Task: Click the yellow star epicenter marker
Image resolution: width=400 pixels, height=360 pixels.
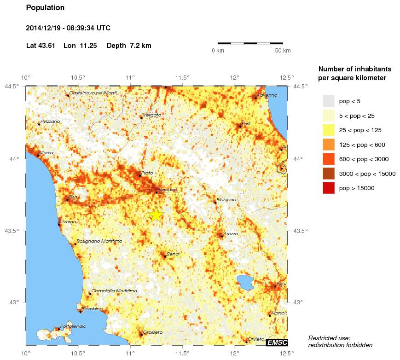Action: click(156, 215)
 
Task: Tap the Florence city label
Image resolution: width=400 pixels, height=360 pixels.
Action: click(168, 189)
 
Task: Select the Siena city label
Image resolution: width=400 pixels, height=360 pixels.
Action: click(173, 254)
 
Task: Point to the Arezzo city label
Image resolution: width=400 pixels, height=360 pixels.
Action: click(231, 234)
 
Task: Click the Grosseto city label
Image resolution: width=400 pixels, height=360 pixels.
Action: click(153, 332)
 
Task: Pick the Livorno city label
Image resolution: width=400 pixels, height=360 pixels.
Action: click(69, 222)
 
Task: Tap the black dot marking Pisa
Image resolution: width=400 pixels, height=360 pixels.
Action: click(67, 200)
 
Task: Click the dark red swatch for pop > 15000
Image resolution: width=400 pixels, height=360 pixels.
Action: click(328, 188)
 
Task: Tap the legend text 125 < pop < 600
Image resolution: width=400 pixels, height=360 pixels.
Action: click(362, 145)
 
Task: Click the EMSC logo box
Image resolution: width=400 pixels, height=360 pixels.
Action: click(277, 342)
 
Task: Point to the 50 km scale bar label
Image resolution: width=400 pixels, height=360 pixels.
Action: click(283, 51)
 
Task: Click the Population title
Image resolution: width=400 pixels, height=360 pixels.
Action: click(45, 8)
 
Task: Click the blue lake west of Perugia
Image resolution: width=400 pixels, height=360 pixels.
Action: click(244, 282)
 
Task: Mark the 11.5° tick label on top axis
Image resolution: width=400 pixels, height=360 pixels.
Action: click(182, 77)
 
